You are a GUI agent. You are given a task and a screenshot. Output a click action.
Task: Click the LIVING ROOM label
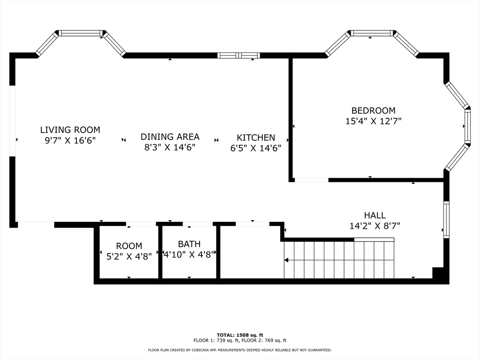coord(70,130)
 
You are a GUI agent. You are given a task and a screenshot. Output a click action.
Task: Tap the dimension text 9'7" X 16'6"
coord(70,141)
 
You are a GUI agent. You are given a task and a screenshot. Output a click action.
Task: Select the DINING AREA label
coord(170,137)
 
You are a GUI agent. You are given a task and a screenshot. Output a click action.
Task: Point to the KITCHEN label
coord(255,138)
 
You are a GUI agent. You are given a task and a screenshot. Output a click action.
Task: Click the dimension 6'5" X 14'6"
coord(255,148)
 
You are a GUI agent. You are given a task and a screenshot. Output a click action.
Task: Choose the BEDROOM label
coord(373,111)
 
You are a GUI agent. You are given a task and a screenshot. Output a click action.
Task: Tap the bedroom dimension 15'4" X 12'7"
coord(373,121)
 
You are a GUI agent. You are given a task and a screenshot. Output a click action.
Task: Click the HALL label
coord(375,216)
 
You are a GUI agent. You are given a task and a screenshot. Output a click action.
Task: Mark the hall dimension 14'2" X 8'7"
coord(375,226)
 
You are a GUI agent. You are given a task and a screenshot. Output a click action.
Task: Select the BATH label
coord(189,244)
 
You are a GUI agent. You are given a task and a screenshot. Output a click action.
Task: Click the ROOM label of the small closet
coord(129,246)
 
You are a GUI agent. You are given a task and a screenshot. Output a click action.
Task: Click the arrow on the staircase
coord(287,260)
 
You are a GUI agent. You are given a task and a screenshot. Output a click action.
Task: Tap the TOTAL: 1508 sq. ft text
coord(240,335)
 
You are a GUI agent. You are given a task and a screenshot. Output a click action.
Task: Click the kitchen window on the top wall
coord(239,55)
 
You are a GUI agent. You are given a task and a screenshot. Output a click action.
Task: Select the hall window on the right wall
coord(446,219)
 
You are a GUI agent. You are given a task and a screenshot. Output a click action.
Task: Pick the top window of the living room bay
coord(81,33)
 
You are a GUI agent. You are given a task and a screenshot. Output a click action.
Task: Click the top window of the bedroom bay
coord(372,33)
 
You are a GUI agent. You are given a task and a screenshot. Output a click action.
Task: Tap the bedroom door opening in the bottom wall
coord(311,180)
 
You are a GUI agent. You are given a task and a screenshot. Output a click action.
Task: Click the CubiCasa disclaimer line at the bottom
coord(240,350)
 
